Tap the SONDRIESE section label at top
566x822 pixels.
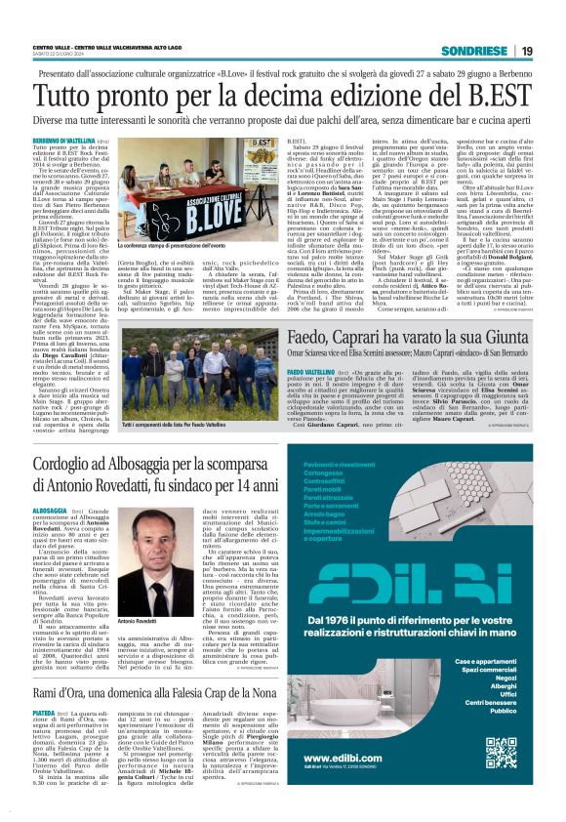tap(474, 51)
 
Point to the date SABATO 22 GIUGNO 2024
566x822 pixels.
tap(62, 55)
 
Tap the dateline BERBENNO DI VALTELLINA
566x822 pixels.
tap(61, 142)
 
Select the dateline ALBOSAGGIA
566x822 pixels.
tap(50, 511)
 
